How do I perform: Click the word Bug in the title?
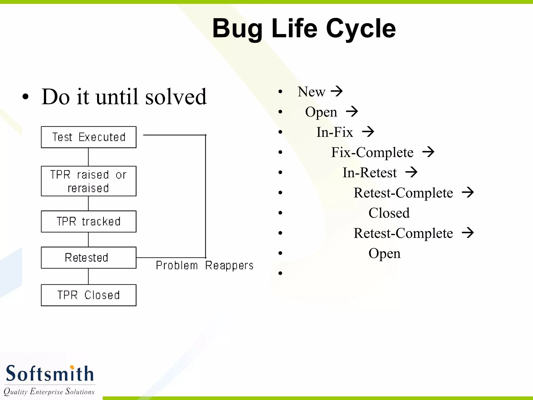click(x=237, y=29)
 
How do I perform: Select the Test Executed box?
click(x=88, y=137)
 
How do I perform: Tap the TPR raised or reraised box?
click(x=88, y=181)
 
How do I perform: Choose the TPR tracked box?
click(x=88, y=221)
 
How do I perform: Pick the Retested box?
click(x=88, y=258)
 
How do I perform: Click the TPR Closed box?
click(x=88, y=295)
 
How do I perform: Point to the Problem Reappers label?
click(x=205, y=265)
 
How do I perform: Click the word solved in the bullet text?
click(x=176, y=97)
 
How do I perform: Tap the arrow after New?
click(x=337, y=91)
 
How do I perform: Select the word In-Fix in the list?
click(x=334, y=132)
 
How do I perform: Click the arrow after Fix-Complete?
click(x=428, y=152)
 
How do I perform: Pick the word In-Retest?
click(x=370, y=172)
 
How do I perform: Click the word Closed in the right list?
click(x=389, y=213)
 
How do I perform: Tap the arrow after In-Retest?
click(x=411, y=172)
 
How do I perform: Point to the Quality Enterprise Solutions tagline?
click(x=49, y=391)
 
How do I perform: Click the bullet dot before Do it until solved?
click(x=25, y=97)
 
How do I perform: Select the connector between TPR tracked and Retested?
click(x=88, y=239)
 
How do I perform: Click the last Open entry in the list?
click(x=384, y=253)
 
